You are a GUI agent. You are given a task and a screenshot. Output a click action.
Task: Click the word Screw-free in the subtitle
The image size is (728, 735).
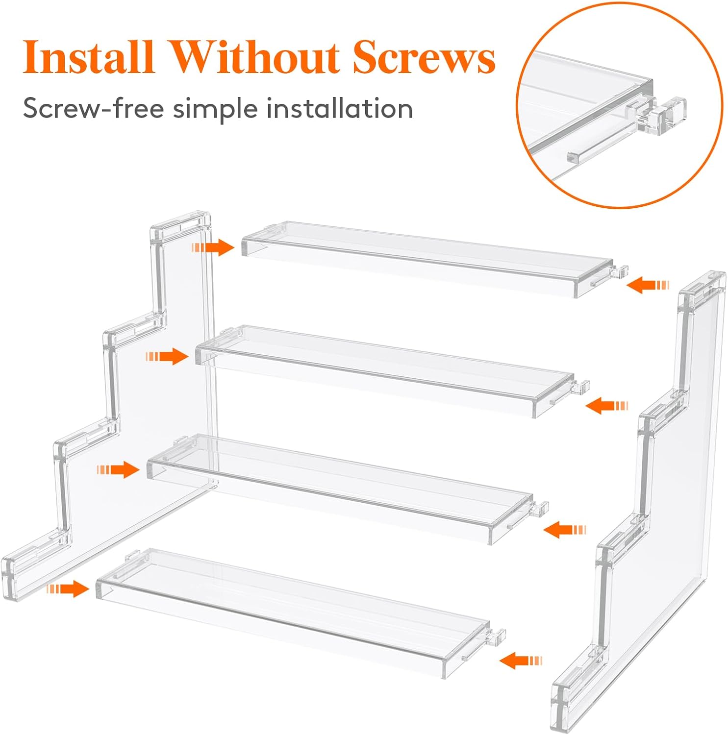point(93,108)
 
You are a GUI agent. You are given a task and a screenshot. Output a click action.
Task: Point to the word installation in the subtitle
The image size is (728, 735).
point(339,108)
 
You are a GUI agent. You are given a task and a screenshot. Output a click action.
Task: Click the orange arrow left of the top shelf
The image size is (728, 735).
point(214,247)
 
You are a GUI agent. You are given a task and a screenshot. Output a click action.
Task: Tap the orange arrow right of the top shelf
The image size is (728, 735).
point(648,285)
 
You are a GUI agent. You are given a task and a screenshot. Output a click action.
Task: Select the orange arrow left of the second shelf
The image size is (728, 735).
point(167,356)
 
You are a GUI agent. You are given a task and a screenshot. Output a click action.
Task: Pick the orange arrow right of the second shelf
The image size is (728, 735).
point(607,406)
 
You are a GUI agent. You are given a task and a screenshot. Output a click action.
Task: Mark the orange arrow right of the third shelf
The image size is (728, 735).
point(565,530)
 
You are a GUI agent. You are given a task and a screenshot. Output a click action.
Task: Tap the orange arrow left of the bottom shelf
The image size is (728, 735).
point(68,588)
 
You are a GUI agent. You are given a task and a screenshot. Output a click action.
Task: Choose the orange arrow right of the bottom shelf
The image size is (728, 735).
point(521,661)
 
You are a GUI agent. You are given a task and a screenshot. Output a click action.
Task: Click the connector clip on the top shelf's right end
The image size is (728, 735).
point(620,271)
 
